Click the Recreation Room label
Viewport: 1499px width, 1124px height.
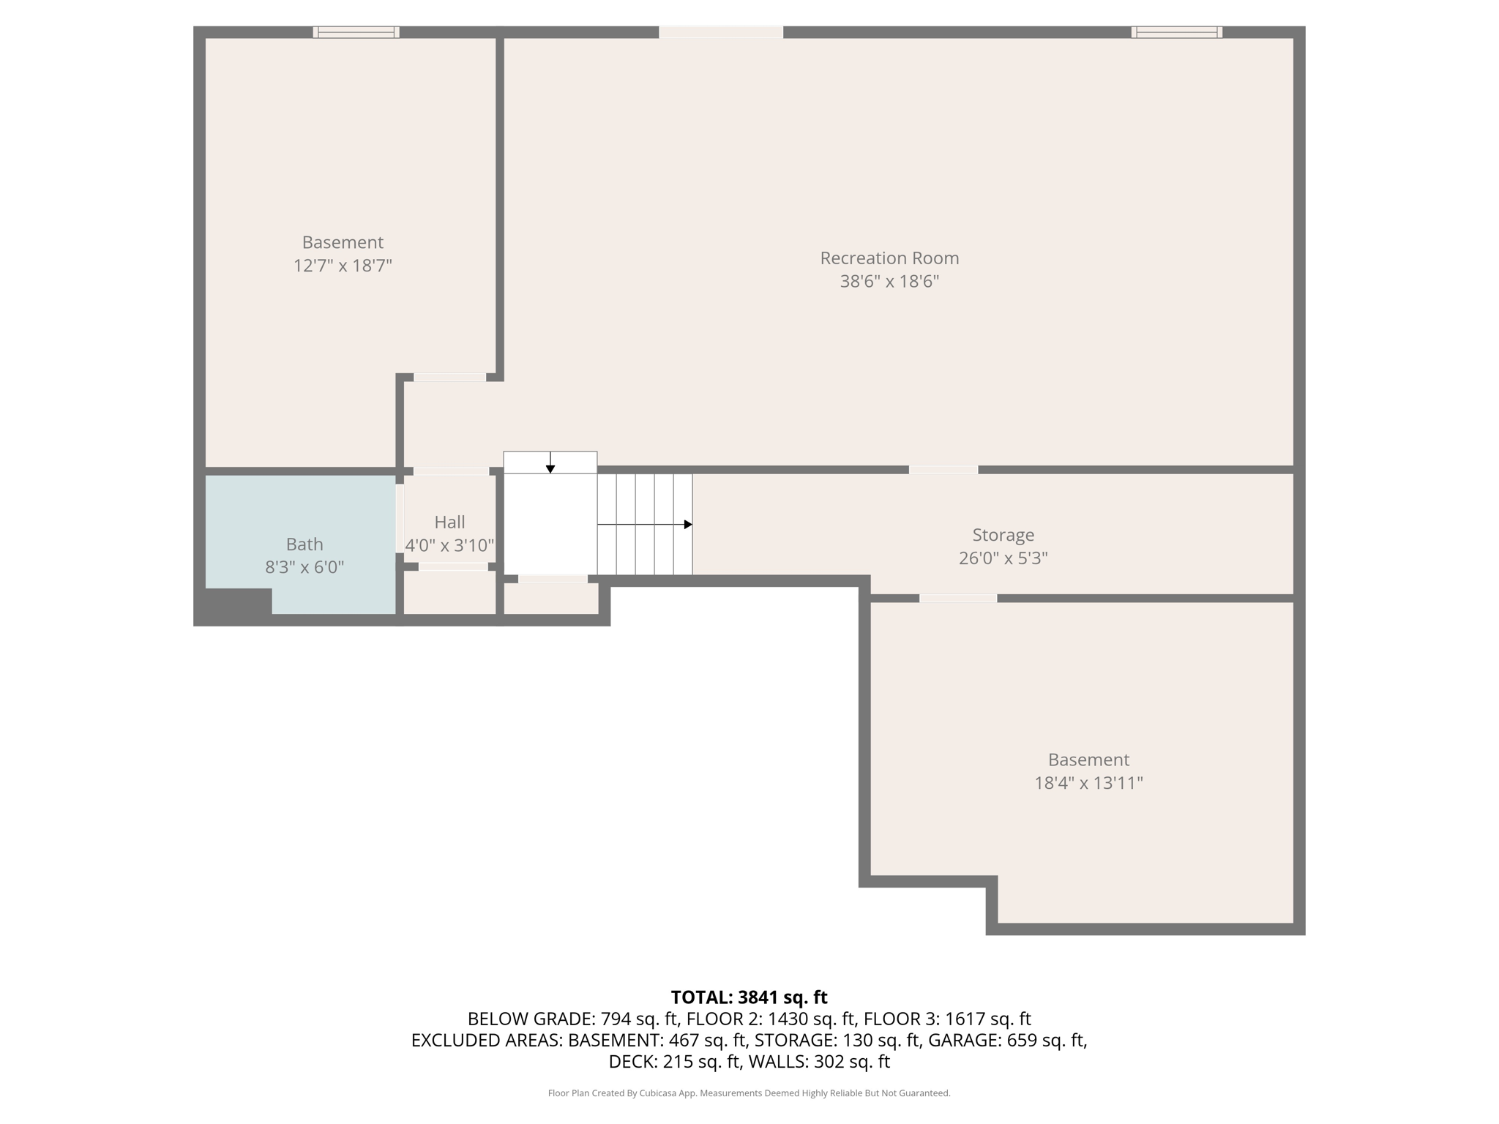pyautogui.click(x=889, y=258)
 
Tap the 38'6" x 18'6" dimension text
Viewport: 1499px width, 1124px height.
pyautogui.click(x=889, y=282)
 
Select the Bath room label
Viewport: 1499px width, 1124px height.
pyautogui.click(x=304, y=544)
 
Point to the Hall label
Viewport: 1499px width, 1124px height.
pyautogui.click(x=449, y=522)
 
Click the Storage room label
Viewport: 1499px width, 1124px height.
pyautogui.click(x=1003, y=535)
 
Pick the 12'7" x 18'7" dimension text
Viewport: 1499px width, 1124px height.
pyautogui.click(x=343, y=266)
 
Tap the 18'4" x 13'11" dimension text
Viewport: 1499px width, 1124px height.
pyautogui.click(x=1088, y=783)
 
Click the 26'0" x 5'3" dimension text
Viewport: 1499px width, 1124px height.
pyautogui.click(x=1003, y=558)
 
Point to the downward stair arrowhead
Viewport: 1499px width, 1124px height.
pyautogui.click(x=550, y=469)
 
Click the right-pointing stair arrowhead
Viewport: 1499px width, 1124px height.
pyautogui.click(x=688, y=525)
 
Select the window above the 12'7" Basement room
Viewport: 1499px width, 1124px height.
pyautogui.click(x=356, y=32)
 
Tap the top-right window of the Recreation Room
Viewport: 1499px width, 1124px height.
pyautogui.click(x=1177, y=32)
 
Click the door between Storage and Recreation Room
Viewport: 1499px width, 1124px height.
pyautogui.click(x=943, y=470)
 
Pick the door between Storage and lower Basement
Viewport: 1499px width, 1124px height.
pyautogui.click(x=958, y=599)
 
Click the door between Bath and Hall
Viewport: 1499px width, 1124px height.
pyautogui.click(x=400, y=519)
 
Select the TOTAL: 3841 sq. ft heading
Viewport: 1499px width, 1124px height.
pyautogui.click(x=749, y=997)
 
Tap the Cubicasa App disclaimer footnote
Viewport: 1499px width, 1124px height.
pyautogui.click(x=749, y=1093)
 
